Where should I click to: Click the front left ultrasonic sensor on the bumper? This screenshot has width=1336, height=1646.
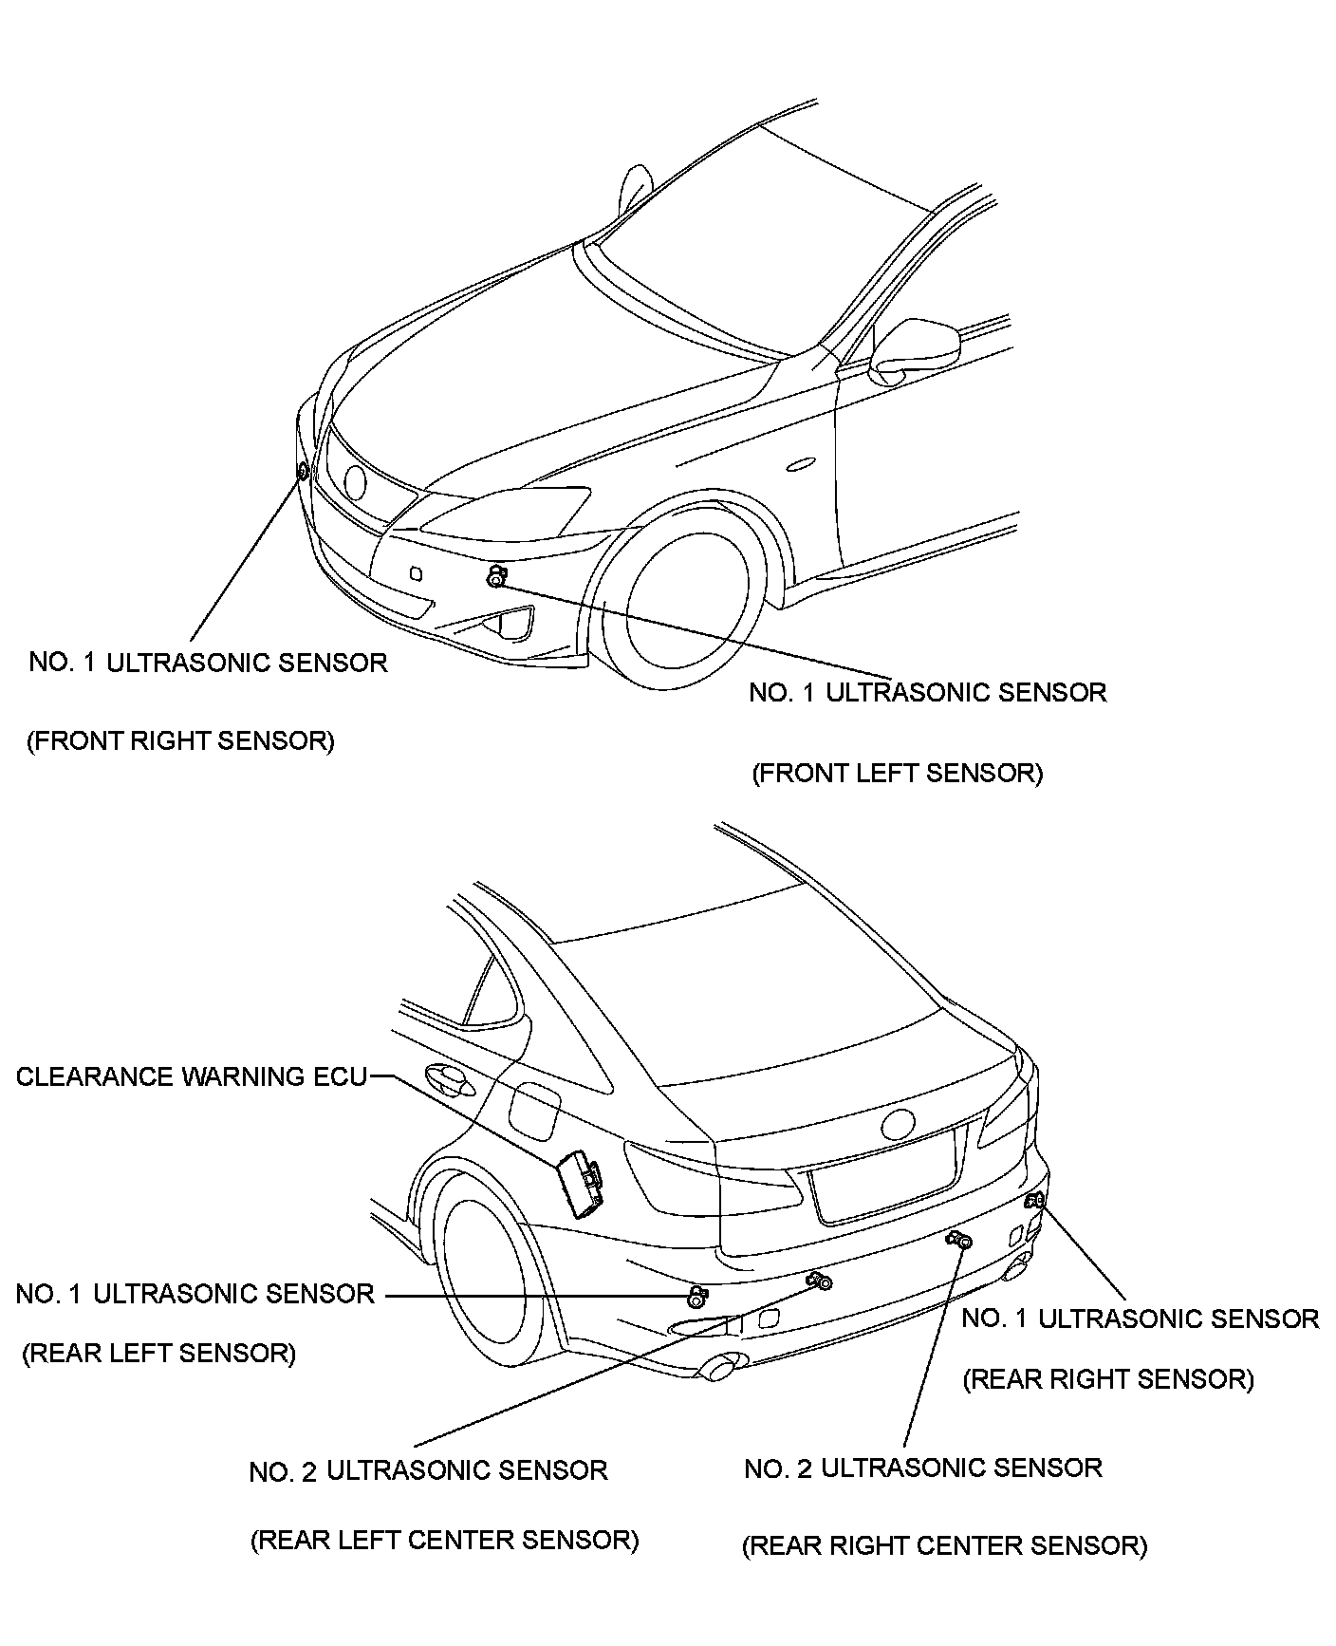click(x=495, y=576)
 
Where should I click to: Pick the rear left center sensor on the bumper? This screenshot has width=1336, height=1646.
click(x=821, y=1282)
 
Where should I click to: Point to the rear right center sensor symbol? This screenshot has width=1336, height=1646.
click(x=961, y=1239)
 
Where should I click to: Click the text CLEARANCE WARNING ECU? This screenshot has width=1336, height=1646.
click(x=191, y=1076)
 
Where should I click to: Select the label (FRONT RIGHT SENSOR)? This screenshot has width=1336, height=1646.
click(x=180, y=741)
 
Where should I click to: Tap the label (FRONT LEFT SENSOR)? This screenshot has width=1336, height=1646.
click(x=897, y=774)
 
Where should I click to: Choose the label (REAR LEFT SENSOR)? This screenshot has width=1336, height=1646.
click(x=158, y=1353)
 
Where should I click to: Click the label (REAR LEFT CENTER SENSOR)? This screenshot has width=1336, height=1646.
click(x=444, y=1540)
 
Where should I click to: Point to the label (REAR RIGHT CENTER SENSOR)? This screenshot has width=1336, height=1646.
click(x=944, y=1545)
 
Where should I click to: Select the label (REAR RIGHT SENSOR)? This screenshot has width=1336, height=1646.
click(x=1108, y=1379)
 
